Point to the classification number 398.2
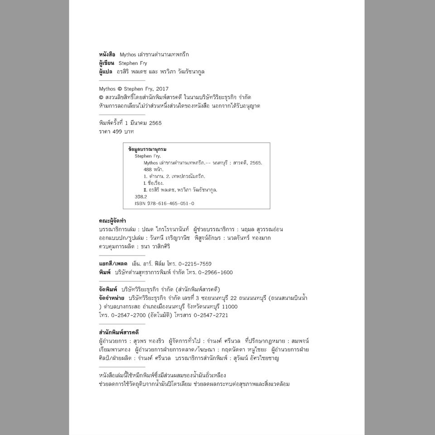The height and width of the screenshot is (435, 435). click(140, 197)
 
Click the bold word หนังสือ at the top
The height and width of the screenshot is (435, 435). click(107, 54)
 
